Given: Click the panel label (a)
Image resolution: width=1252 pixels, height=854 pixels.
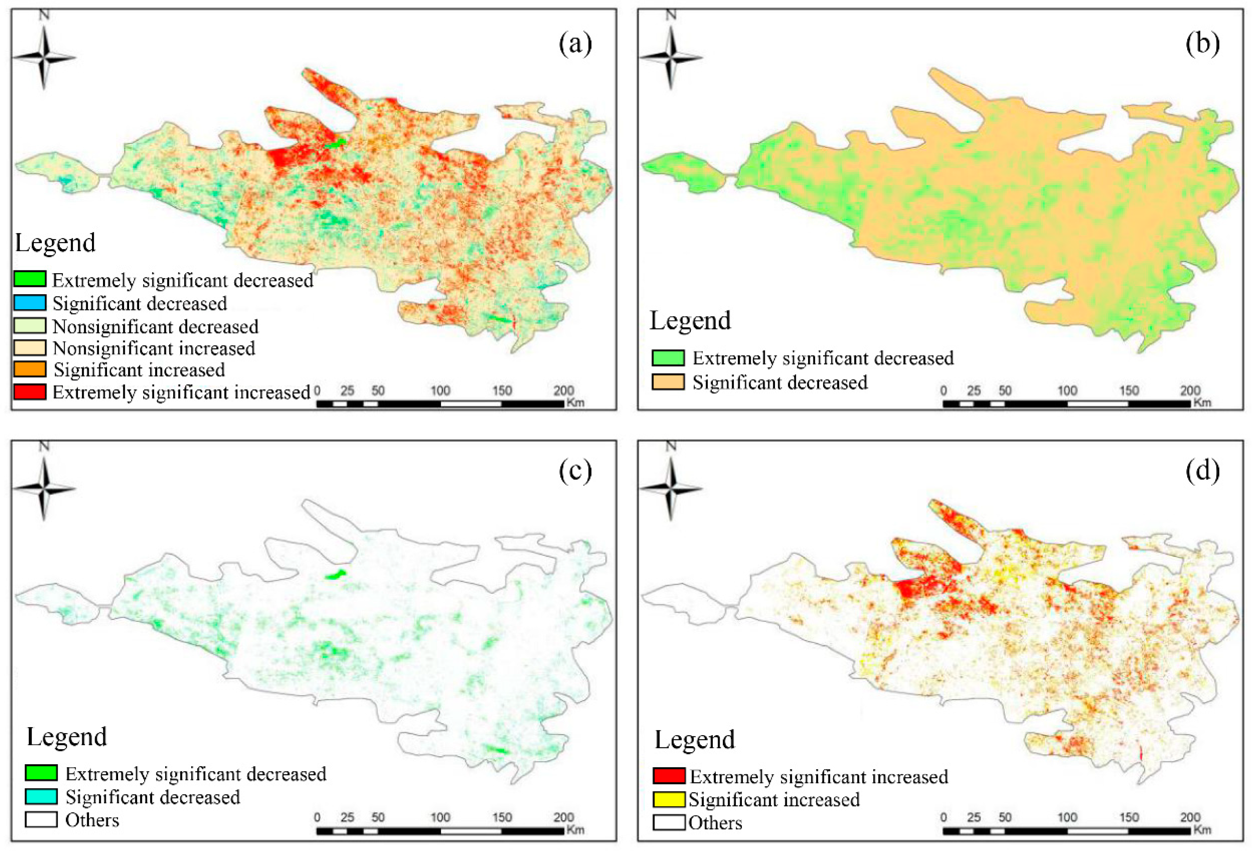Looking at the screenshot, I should [575, 44].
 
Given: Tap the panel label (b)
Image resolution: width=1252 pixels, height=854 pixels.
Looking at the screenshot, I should [1202, 44].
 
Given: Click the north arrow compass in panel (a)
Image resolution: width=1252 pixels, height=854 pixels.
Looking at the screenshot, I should [44, 57].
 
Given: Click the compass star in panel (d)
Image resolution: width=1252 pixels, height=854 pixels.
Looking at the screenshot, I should [671, 489].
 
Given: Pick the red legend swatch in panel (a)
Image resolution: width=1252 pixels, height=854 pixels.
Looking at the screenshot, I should [30, 392].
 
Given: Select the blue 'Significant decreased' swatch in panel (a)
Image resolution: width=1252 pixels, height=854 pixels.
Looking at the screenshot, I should [30, 303].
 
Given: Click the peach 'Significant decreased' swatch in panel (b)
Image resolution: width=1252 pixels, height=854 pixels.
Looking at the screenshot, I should [668, 382].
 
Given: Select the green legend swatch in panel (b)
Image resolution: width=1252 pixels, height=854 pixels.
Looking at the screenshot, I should [668, 358].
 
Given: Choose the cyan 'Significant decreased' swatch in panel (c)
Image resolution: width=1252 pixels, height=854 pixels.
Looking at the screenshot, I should [41, 796].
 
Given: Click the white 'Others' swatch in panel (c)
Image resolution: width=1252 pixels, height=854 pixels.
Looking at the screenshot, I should [41, 819].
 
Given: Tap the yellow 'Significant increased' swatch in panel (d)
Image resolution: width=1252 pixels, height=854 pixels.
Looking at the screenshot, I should [669, 800].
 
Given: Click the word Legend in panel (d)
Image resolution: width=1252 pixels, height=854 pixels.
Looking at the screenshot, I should [694, 739].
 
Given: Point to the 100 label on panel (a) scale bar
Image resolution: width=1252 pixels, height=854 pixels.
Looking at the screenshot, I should [440, 391].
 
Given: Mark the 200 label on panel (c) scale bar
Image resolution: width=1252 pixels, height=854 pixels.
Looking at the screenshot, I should [563, 817].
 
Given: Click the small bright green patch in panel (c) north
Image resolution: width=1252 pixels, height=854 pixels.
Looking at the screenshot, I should [336, 574].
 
